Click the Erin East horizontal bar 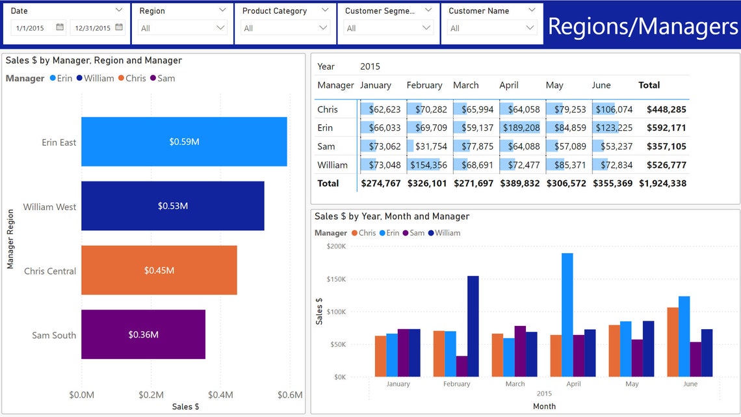[x=184, y=142]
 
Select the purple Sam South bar [x=143, y=334]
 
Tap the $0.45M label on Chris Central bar [x=159, y=271]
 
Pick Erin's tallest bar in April [x=567, y=314]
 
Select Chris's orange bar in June [x=672, y=342]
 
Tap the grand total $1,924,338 [x=662, y=183]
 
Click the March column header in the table [x=465, y=85]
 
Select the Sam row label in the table [x=326, y=146]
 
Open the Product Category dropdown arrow [x=323, y=28]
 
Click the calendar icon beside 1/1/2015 [x=60, y=27]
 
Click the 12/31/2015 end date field [x=92, y=28]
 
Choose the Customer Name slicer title [x=479, y=11]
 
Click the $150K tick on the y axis [x=337, y=279]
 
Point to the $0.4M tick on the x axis [x=220, y=395]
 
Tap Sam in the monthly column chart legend [x=417, y=233]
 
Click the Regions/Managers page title [x=643, y=26]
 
